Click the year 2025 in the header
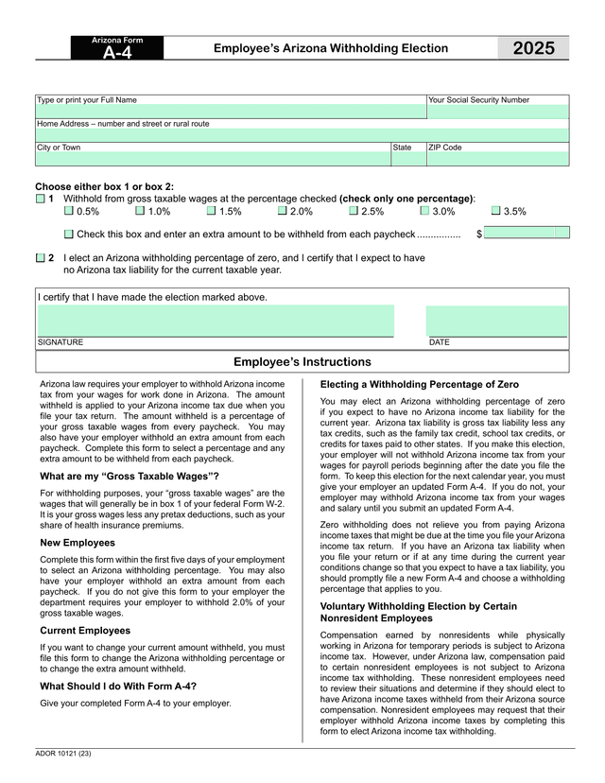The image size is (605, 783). pyautogui.click(x=534, y=49)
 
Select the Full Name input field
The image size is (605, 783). pyautogui.click(x=231, y=112)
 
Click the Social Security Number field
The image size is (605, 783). pyautogui.click(x=497, y=112)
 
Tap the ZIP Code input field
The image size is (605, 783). pyautogui.click(x=497, y=159)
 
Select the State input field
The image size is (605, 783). pyautogui.click(x=408, y=159)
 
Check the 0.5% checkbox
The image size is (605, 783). pyautogui.click(x=69, y=212)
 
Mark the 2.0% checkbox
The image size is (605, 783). pyautogui.click(x=282, y=212)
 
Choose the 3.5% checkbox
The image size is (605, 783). pyautogui.click(x=494, y=212)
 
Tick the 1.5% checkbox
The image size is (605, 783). pyautogui.click(x=211, y=212)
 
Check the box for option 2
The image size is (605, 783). pyautogui.click(x=40, y=257)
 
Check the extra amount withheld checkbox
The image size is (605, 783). pyautogui.click(x=69, y=234)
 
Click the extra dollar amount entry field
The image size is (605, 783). pyautogui.click(x=527, y=233)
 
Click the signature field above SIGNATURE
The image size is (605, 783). pyautogui.click(x=215, y=321)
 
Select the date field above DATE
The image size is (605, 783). pyautogui.click(x=497, y=321)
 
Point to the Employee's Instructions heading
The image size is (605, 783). pyautogui.click(x=302, y=362)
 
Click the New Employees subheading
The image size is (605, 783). pyautogui.click(x=78, y=543)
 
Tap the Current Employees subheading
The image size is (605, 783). pyautogui.click(x=85, y=630)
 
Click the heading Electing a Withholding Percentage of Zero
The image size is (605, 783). pyautogui.click(x=420, y=385)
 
